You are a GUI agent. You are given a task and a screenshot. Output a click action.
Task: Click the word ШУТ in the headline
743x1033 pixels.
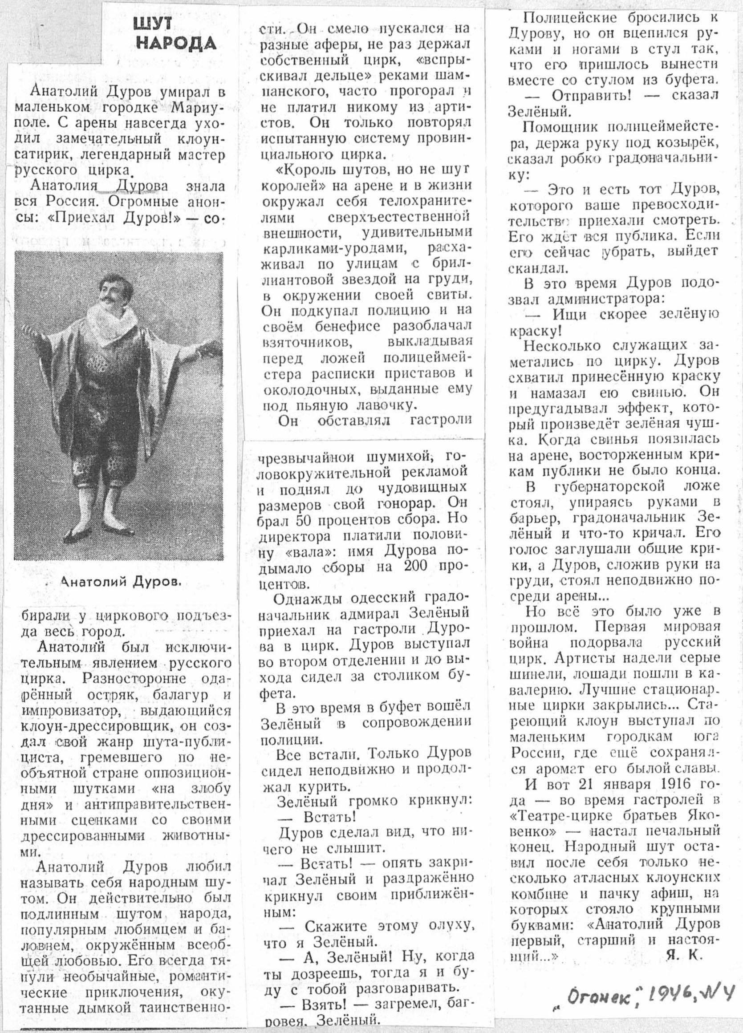point(154,25)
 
